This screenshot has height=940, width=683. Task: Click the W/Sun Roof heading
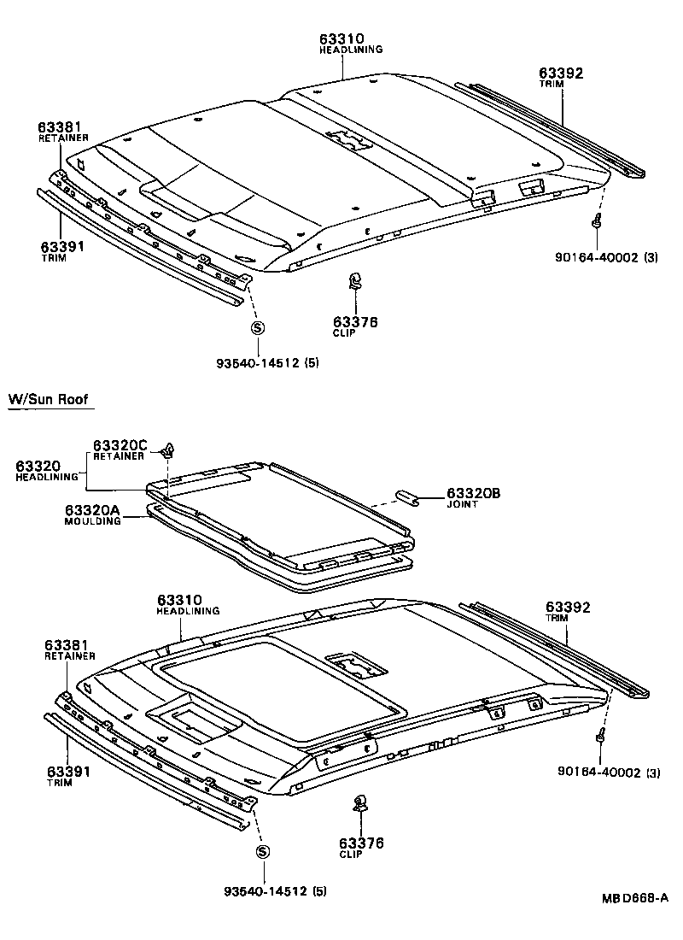click(48, 399)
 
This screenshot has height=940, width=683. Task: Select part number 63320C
click(120, 445)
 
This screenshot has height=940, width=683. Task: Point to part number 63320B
click(472, 494)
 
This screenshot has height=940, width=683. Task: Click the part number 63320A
click(92, 510)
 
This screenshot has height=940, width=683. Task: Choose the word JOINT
click(462, 505)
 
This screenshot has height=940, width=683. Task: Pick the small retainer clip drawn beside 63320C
click(171, 447)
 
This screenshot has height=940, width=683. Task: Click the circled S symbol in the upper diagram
click(257, 327)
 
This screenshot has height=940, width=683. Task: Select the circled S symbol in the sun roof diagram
click(262, 852)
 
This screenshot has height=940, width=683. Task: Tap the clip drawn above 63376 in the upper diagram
click(355, 282)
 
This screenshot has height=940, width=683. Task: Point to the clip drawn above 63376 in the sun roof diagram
click(359, 803)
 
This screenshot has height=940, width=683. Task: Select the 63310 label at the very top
click(342, 38)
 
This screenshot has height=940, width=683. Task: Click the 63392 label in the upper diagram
click(561, 73)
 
